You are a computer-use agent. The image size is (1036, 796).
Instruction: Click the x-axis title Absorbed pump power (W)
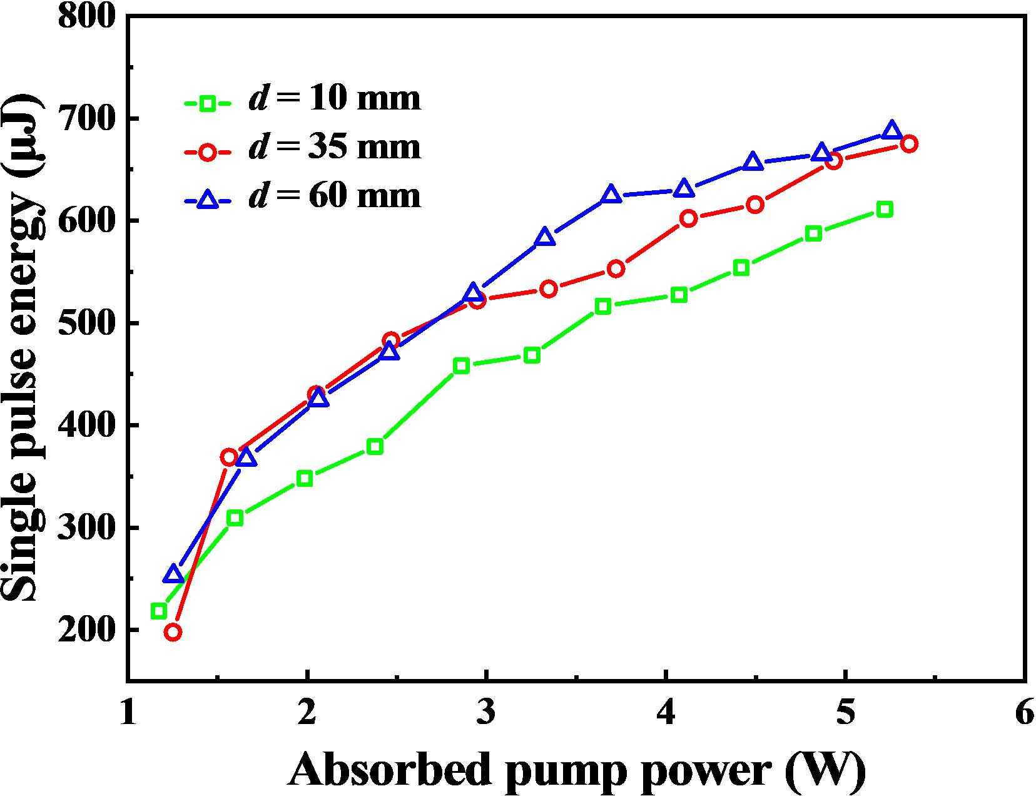576,769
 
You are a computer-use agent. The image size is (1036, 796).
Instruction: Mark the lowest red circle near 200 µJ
173,632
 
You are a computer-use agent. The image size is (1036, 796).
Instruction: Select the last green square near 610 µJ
884,209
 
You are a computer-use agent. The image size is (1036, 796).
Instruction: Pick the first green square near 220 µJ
159,611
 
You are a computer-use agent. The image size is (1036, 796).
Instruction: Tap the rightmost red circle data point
909,144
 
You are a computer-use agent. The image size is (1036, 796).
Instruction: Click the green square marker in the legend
208,103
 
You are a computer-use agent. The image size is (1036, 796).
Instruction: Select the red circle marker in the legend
208,151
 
